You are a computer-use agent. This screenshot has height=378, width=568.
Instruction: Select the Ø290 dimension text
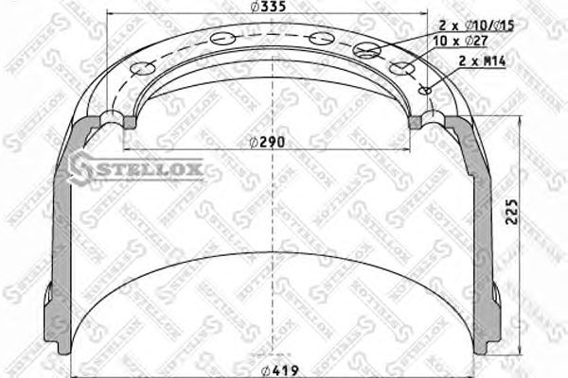click(x=268, y=143)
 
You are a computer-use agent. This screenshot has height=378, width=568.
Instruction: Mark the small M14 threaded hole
click(x=425, y=91)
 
